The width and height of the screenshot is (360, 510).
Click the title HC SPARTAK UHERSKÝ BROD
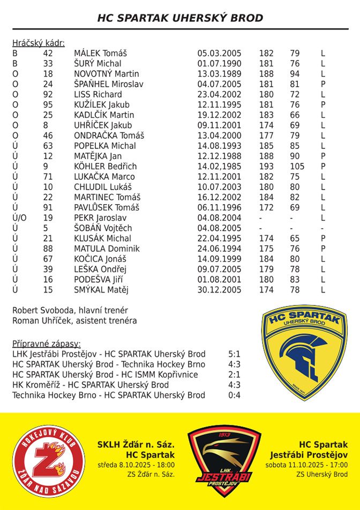[x=180, y=18]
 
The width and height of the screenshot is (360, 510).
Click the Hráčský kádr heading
[x=38, y=43]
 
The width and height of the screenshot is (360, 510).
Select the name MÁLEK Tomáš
[x=100, y=54]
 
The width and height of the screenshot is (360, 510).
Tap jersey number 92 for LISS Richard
[x=48, y=94]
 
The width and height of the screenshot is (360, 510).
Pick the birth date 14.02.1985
[x=219, y=167]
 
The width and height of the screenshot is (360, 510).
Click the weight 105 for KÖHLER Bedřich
[x=297, y=167]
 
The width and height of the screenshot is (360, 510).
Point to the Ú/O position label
[x=19, y=218]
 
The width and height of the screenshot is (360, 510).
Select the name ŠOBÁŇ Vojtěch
[x=103, y=228]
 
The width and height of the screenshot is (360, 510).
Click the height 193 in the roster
[x=266, y=167]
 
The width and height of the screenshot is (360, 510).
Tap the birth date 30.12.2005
[x=219, y=290]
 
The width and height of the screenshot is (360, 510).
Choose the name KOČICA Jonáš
[x=100, y=259]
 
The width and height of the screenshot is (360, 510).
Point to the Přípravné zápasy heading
[x=46, y=343]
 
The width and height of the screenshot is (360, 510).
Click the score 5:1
[x=234, y=354]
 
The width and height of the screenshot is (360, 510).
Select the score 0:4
[x=234, y=395]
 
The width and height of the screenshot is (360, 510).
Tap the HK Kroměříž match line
[x=91, y=385]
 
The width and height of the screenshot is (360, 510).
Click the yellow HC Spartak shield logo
[x=304, y=351]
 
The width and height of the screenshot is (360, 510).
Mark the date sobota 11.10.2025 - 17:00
[x=306, y=465]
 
